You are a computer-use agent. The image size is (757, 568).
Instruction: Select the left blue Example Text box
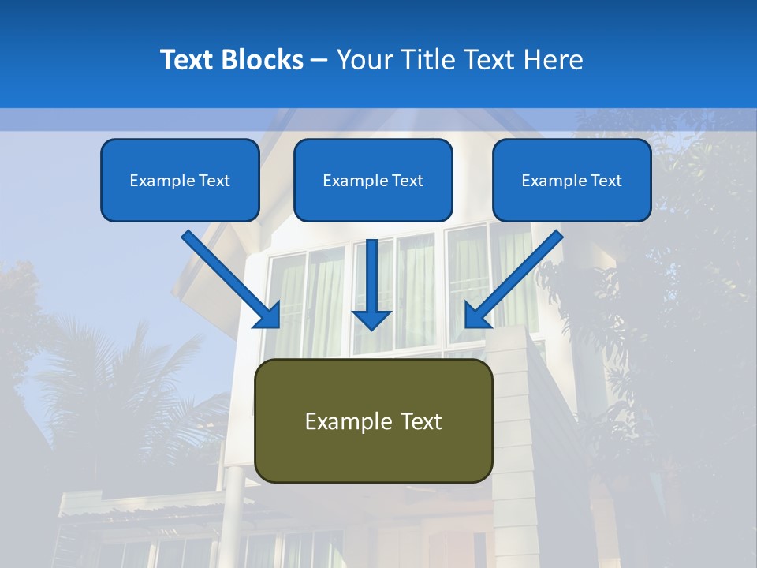[x=180, y=180]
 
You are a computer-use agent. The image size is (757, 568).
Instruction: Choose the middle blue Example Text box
[x=373, y=180]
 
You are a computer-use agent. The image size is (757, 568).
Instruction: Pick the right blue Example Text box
[x=572, y=180]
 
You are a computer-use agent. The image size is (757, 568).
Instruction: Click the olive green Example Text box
[x=373, y=420]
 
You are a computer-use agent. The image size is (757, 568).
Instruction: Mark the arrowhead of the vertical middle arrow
[x=371, y=319]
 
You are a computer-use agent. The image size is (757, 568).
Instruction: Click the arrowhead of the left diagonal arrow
[x=268, y=316]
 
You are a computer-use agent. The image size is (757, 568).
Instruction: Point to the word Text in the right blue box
[x=606, y=181]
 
